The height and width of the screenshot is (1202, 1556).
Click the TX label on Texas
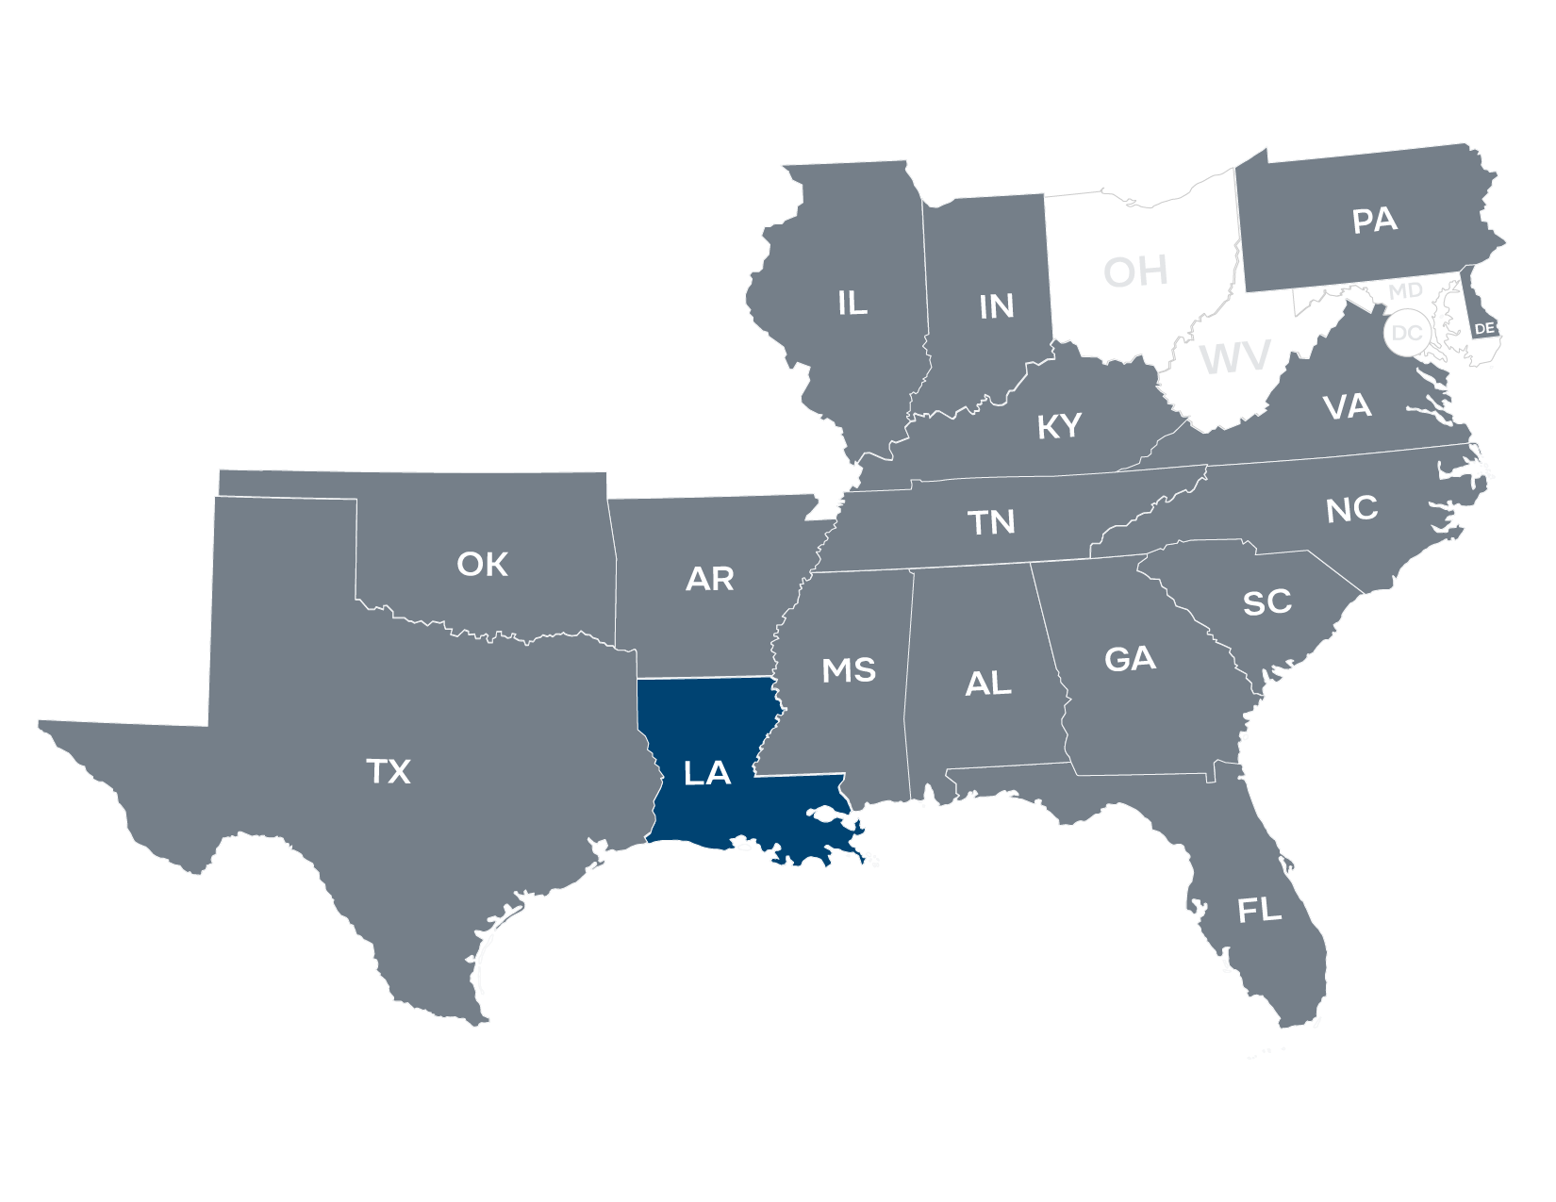tap(389, 772)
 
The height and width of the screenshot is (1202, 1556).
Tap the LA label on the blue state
tap(707, 774)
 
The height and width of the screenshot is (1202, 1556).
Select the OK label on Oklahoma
tap(482, 565)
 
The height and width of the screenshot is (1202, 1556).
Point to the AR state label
tap(709, 579)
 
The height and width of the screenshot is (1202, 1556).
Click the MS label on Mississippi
tap(849, 670)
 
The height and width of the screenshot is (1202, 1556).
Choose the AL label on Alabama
tap(987, 683)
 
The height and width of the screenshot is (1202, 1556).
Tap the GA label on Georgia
tap(1130, 659)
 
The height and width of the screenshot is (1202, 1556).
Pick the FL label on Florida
tap(1259, 911)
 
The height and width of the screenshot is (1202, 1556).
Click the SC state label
tap(1266, 601)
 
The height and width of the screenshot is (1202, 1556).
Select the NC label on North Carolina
tap(1351, 509)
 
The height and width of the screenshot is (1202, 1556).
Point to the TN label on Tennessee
tap(991, 521)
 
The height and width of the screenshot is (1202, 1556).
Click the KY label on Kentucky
tap(1059, 427)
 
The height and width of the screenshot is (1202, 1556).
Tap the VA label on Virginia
tap(1347, 407)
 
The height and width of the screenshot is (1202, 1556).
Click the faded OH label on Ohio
tap(1135, 272)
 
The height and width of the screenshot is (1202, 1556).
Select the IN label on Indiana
tap(996, 306)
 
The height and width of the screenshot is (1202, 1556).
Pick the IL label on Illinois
tap(852, 303)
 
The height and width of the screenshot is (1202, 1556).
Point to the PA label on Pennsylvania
tap(1374, 221)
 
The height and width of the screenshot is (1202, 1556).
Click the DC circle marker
tap(1406, 333)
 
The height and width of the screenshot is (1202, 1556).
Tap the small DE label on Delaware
tap(1484, 328)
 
